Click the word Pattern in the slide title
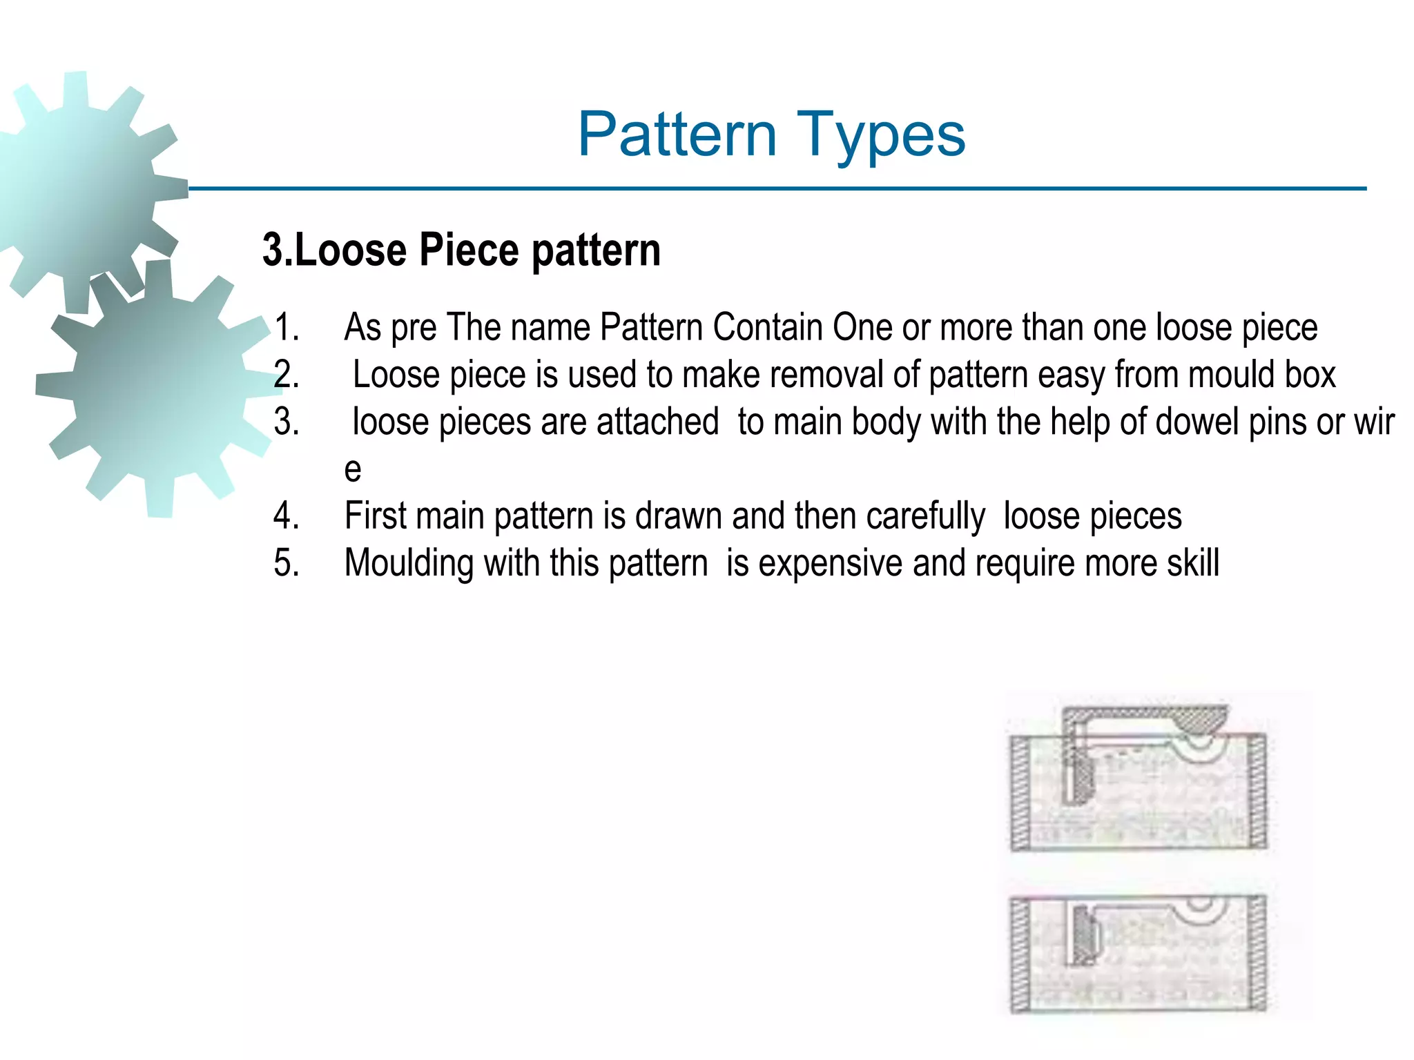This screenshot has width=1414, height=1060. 677,135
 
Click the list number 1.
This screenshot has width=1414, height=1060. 286,327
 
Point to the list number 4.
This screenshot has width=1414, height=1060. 286,516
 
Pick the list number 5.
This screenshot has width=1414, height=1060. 286,563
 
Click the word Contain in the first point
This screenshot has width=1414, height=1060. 767,327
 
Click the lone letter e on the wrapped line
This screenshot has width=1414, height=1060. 352,469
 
